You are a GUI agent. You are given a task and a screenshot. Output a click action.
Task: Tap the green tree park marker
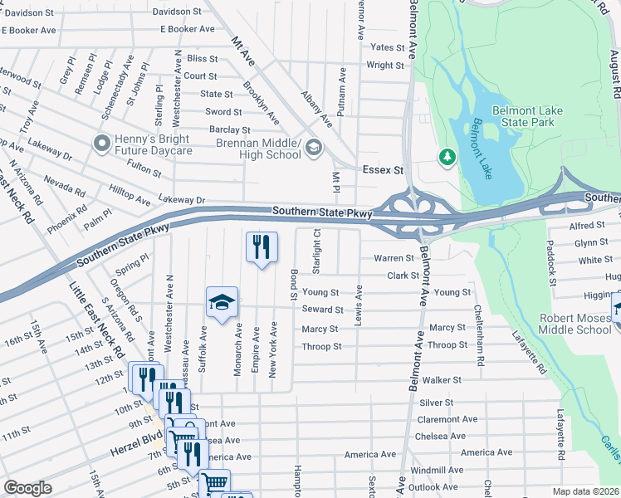[x=447, y=156]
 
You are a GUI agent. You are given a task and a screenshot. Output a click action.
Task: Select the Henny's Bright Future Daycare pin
[x=101, y=144]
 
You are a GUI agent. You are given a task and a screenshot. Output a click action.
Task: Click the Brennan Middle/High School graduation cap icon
[x=313, y=149]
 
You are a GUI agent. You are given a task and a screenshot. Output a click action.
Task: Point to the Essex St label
[x=383, y=170]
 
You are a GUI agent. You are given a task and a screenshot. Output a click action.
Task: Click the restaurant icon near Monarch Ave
[x=261, y=247]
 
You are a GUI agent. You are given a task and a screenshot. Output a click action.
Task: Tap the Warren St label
[x=394, y=258]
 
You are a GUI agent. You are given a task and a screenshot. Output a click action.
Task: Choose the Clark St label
[x=403, y=276]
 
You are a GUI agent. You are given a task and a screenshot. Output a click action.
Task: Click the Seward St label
[x=322, y=310]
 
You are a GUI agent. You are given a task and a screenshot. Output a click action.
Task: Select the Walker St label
[x=441, y=380]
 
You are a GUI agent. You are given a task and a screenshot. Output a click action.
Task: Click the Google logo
[x=27, y=488]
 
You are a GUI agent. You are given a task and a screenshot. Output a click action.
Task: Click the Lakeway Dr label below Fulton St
[x=181, y=200]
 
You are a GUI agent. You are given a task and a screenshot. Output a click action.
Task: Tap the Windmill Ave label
[x=438, y=470]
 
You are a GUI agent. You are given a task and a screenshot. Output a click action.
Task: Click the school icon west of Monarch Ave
[x=222, y=302]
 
